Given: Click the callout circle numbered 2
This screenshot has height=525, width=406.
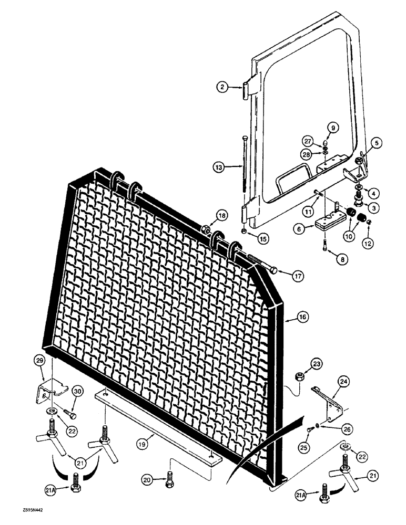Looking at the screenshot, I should [x=224, y=88].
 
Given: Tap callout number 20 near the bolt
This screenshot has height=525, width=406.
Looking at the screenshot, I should [x=148, y=479].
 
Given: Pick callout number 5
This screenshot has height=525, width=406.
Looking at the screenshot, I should [x=377, y=142].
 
